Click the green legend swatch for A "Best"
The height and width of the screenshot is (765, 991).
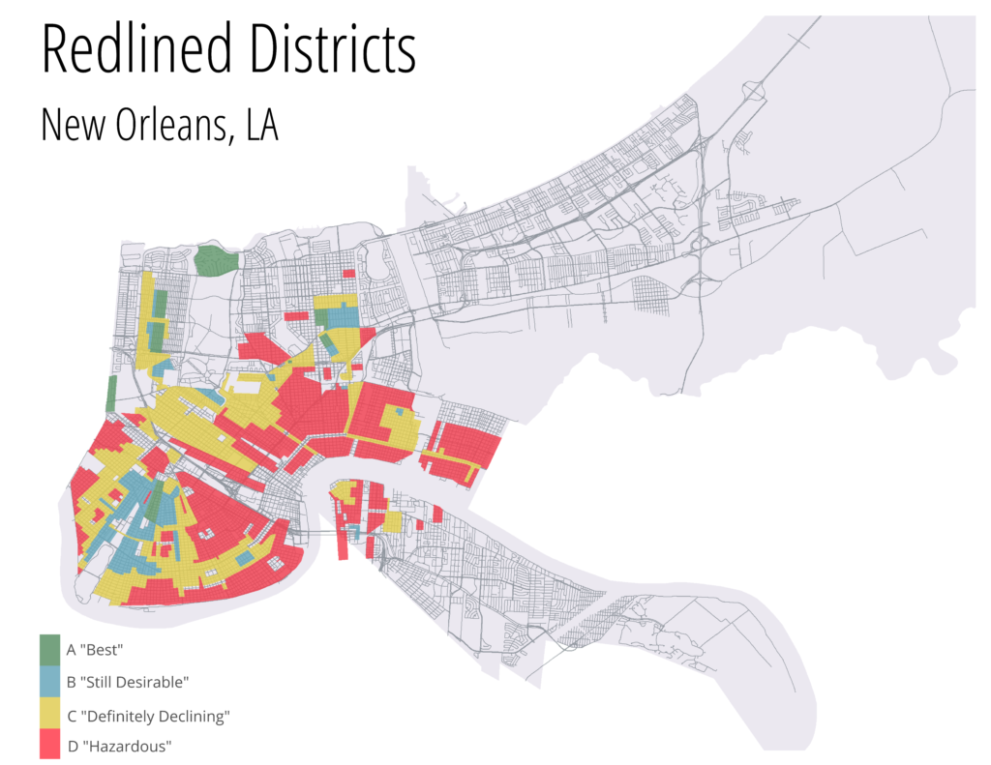50,649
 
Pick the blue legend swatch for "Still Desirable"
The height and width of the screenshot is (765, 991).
50,682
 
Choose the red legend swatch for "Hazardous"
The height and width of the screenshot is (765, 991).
50,746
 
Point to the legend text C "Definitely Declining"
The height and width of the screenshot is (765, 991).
147,716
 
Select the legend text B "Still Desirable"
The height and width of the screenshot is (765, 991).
127,682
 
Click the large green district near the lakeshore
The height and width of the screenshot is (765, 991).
217,260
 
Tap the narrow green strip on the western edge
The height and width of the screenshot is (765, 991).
111,394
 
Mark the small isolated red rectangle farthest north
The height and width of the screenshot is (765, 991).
348,274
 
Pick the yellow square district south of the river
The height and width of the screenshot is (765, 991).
393,522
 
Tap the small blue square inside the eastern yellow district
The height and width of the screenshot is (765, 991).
399,411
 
